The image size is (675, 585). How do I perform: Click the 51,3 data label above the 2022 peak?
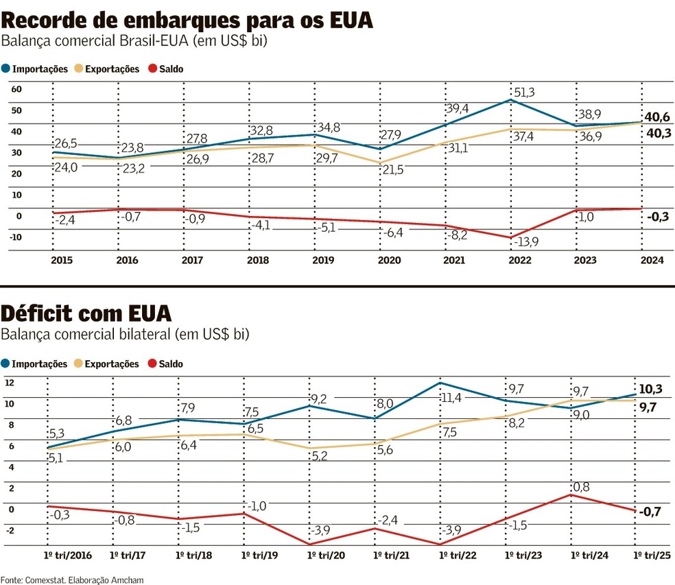[x=522, y=92]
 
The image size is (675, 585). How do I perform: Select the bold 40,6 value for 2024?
[x=657, y=117]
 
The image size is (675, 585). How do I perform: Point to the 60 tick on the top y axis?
[x=17, y=89]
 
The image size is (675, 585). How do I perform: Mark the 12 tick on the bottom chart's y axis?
[x=10, y=383]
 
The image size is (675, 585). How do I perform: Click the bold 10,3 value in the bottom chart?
[x=650, y=389]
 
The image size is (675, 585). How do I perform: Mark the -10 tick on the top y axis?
[x=16, y=237]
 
